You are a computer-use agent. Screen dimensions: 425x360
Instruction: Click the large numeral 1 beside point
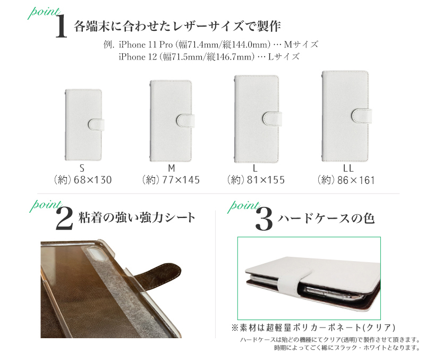point(61,26)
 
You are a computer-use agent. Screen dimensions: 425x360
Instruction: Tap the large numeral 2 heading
point(64,219)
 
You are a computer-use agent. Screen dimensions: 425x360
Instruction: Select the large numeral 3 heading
point(264,219)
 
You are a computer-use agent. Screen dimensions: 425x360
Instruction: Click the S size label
point(82,169)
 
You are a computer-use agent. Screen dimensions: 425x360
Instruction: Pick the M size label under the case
point(171,168)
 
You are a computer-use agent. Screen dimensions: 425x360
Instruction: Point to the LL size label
point(348,169)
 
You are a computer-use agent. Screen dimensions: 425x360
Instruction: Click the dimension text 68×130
point(92,180)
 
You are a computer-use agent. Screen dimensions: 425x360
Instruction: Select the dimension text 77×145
point(181,180)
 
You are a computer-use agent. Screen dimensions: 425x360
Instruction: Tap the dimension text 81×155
point(266,180)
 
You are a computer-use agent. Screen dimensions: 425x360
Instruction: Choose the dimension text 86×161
point(356,180)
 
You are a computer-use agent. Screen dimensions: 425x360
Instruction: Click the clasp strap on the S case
point(96,124)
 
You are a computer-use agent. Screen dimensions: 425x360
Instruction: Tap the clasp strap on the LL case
point(362,116)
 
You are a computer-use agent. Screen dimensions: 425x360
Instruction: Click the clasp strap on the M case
point(185,121)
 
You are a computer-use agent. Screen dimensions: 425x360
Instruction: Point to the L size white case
point(257,119)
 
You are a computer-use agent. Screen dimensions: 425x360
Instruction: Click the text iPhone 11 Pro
point(146,44)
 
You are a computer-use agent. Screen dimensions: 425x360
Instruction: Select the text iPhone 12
point(138,57)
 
